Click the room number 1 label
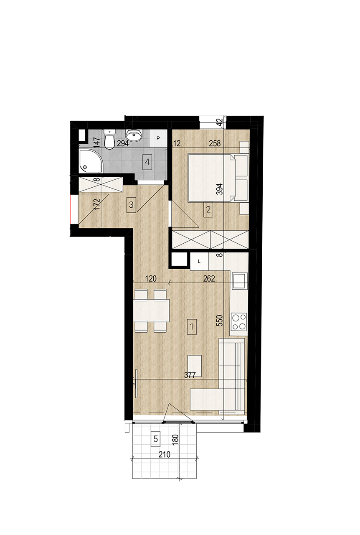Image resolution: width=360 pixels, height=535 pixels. click(192, 326)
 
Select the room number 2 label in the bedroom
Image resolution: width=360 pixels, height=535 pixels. click(208, 210)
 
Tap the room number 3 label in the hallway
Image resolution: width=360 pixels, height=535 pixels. click(131, 205)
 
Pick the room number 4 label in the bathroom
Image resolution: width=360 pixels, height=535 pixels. click(147, 162)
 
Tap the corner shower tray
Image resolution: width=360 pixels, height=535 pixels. click(90, 161)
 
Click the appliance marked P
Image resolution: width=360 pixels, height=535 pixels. click(158, 138)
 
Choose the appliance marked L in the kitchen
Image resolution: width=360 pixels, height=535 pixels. click(199, 262)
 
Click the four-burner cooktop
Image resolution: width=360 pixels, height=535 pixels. click(239, 321)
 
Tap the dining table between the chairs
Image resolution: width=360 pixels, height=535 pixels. click(151, 310)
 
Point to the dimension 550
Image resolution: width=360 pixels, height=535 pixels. click(220, 321)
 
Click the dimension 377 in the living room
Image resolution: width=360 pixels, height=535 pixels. click(190, 375)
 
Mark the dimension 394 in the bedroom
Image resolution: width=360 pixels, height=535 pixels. click(220, 189)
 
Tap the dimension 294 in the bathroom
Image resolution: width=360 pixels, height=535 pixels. click(123, 143)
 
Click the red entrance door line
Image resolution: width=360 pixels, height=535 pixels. click(71, 209)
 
